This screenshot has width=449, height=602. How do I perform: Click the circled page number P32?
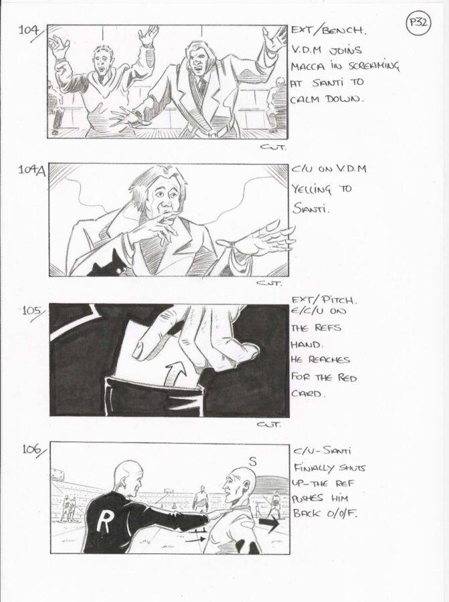tap(418, 23)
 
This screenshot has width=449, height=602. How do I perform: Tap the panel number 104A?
tap(31, 171)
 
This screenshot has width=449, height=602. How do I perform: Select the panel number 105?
tap(31, 310)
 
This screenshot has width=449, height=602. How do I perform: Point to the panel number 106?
tap(33, 449)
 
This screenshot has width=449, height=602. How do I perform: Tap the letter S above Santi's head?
tap(252, 462)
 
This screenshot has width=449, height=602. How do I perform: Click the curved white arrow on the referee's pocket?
tap(175, 374)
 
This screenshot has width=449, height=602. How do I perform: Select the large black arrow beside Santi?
tap(270, 524)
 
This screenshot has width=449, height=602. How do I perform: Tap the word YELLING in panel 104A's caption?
tap(310, 189)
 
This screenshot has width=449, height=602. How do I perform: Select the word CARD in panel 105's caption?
tap(306, 394)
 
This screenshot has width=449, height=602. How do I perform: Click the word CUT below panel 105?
tap(269, 424)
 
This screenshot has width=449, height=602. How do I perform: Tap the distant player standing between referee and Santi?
tap(201, 499)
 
